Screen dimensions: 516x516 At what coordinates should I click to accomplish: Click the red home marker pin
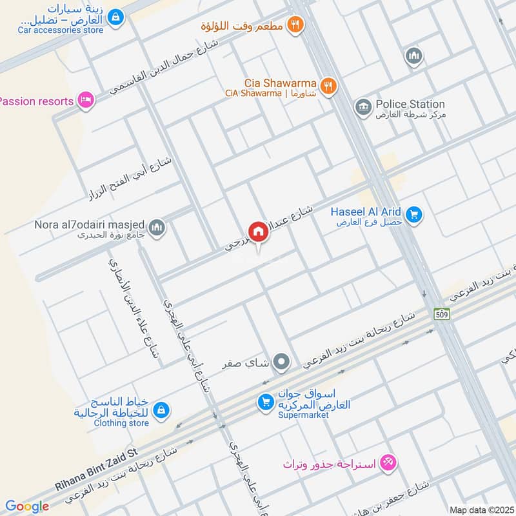(259, 232)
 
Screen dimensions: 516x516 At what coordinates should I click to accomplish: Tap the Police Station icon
(363, 104)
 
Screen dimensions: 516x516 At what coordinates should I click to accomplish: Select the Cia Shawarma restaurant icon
(328, 86)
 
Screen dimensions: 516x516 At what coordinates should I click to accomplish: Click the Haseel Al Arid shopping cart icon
(413, 213)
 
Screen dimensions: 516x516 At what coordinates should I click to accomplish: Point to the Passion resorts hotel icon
(84, 100)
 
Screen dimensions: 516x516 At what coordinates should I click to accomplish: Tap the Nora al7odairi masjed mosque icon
(157, 228)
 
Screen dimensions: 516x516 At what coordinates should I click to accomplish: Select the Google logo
(27, 506)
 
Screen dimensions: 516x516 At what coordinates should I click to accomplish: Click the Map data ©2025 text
(481, 510)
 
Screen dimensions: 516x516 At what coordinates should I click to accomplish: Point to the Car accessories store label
(61, 30)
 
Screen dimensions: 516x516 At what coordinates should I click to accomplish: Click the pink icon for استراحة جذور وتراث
(388, 462)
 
